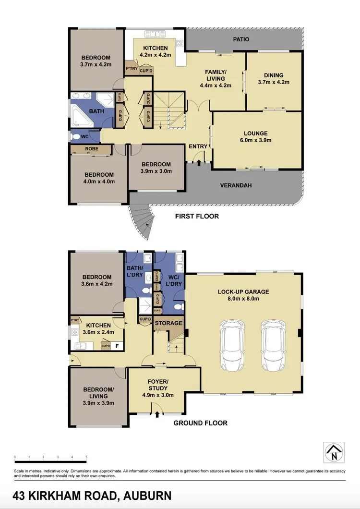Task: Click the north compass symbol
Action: (332, 452)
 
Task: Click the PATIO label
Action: (241, 39)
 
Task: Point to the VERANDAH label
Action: (236, 185)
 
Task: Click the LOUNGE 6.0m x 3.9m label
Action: (255, 137)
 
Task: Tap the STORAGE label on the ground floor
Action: (168, 323)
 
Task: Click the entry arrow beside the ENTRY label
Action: (200, 163)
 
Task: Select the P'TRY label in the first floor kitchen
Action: (131, 69)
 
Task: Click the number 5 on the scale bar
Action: (86, 457)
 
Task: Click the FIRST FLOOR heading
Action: (197, 216)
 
